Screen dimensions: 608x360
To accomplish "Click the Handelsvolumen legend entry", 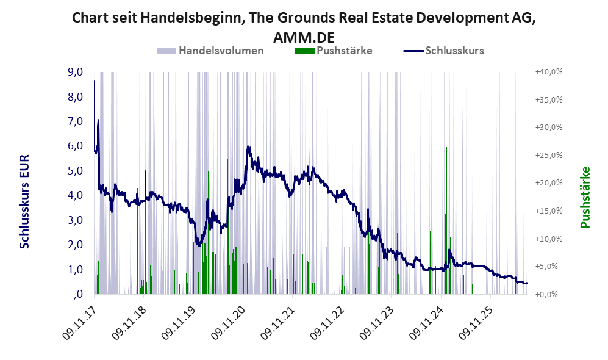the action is tap(210, 51).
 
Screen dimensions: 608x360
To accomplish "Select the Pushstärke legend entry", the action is tap(334, 51).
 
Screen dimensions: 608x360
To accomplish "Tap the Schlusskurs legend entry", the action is tap(443, 51).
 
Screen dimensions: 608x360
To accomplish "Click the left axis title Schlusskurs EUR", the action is tap(24, 202).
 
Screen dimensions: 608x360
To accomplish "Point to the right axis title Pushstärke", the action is tap(585, 198).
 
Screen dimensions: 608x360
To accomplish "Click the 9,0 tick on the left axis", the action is tap(75, 72).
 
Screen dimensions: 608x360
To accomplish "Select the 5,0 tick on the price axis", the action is tap(75, 171).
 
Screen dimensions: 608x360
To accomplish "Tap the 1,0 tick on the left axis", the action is tap(75, 270).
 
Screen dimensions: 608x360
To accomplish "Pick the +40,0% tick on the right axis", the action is tap(549, 72).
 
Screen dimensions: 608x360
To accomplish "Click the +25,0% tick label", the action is tap(549, 155).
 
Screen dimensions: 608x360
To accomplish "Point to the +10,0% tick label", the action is tap(549, 239).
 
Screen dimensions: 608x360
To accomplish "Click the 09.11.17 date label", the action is tap(79, 323).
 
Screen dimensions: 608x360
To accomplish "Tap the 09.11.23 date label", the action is tap(376, 323).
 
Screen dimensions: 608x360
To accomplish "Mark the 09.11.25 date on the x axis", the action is tap(476, 323).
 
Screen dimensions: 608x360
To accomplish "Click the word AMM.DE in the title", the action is tap(304, 38).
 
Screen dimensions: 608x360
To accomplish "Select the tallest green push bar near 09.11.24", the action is tap(446, 220).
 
